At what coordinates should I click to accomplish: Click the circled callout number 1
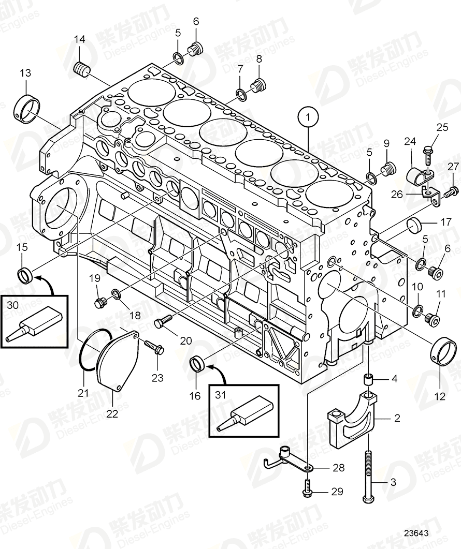(309, 117)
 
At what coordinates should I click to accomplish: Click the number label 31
(221, 394)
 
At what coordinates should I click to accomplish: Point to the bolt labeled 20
(163, 322)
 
